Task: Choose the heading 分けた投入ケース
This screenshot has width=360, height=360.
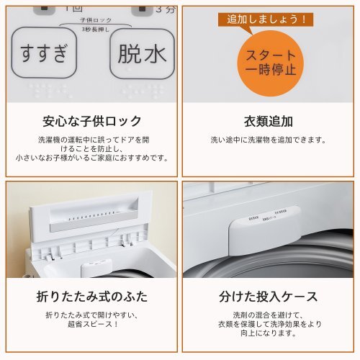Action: [x=269, y=297]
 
